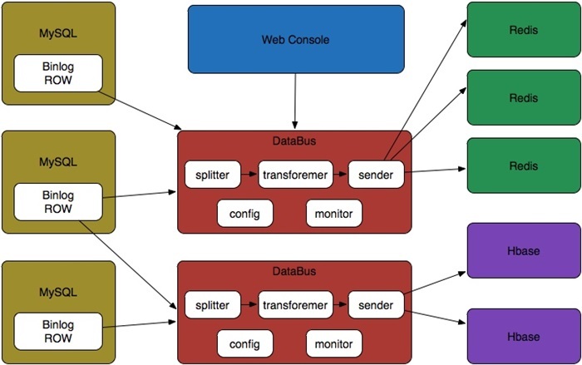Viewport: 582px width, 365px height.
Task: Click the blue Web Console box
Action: pos(295,38)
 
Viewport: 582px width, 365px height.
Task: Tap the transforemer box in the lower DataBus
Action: pos(295,303)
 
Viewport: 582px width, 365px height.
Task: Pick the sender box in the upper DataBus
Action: pos(376,175)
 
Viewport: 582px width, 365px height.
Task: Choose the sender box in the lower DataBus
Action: pos(376,303)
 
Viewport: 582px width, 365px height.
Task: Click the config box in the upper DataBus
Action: pos(245,214)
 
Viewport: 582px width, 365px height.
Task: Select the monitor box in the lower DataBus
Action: pos(334,343)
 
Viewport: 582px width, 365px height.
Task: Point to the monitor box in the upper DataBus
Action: pos(334,214)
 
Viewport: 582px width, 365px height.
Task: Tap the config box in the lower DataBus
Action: pos(245,343)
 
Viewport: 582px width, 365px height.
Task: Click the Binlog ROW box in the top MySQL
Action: pos(58,73)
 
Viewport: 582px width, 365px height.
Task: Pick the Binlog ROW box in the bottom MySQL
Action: pos(58,331)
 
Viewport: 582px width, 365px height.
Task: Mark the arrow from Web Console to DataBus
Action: pos(295,100)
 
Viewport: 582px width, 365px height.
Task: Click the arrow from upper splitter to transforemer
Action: pos(249,175)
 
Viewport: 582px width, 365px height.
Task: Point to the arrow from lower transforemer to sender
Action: pos(339,303)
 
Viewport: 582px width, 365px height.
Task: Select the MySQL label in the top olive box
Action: pos(58,33)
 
